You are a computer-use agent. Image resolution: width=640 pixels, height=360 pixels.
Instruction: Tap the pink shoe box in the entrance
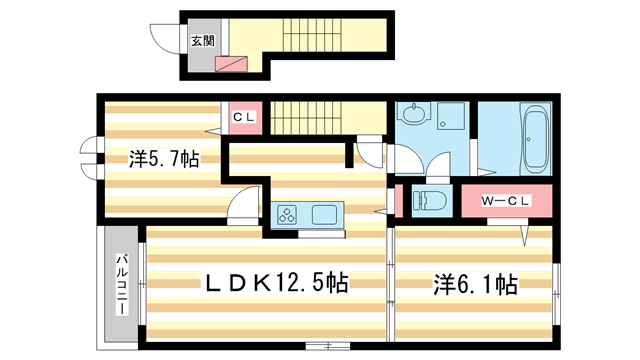tap(232, 64)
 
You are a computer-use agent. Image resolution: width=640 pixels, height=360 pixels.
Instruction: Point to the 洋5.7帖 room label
tap(161, 159)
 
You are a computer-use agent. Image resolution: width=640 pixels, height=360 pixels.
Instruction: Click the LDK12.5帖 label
tap(276, 283)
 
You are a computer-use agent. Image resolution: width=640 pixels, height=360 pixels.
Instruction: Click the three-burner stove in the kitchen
tap(288, 215)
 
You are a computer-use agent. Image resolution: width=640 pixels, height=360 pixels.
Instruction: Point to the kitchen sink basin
tap(327, 215)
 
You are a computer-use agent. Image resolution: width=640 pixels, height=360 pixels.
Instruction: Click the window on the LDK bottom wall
tap(319, 346)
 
